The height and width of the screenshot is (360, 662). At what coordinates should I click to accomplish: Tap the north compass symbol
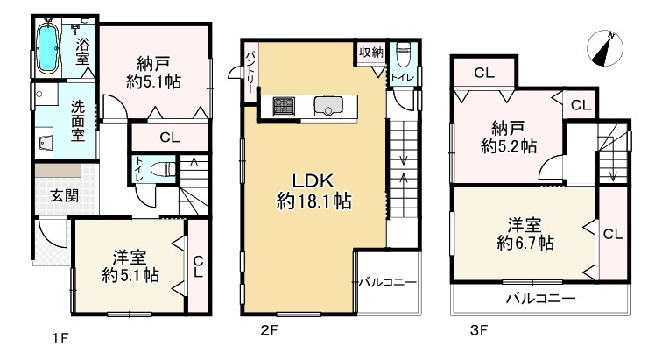(605, 48)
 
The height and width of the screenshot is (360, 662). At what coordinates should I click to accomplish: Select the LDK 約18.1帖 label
(313, 192)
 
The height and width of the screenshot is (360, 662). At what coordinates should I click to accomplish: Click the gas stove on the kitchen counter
(284, 106)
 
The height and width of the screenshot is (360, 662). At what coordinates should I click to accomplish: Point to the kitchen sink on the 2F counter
(328, 106)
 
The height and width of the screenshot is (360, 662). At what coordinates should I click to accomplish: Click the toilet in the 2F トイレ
(403, 54)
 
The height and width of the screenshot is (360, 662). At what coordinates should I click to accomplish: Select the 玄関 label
(64, 195)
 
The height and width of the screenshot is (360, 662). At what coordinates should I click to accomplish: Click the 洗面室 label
(78, 120)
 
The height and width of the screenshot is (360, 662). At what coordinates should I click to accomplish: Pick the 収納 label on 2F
(371, 53)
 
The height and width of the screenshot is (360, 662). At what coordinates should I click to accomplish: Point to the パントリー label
(250, 72)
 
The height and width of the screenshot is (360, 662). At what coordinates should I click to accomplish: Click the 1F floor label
(60, 338)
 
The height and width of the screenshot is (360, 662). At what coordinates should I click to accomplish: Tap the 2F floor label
(269, 329)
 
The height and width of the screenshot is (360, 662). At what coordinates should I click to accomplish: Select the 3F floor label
(479, 329)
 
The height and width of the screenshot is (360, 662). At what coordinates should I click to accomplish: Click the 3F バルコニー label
(541, 299)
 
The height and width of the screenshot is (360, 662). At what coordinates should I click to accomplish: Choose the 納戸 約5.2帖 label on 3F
(508, 137)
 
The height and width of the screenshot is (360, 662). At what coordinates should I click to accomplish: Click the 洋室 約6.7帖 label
(525, 234)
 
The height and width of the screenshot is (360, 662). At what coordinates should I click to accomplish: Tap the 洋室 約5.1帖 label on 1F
(130, 266)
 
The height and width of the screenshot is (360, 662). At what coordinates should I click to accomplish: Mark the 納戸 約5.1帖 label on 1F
(153, 73)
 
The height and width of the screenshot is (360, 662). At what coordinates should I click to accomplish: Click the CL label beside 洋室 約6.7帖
(613, 234)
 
